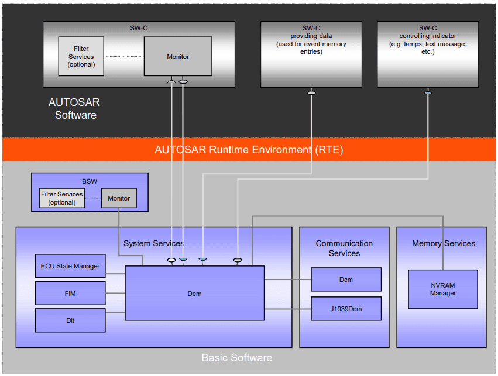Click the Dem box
click(194, 293)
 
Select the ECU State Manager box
click(70, 266)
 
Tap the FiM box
click(70, 294)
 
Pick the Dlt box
click(70, 320)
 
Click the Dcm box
click(346, 280)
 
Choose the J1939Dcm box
click(346, 309)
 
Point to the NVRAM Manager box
click(442, 289)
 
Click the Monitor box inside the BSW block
click(119, 198)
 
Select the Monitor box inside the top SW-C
click(178, 57)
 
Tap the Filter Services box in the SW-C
click(81, 57)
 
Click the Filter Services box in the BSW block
click(61, 198)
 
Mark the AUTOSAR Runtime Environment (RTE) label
click(249, 150)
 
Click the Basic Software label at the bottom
click(236, 357)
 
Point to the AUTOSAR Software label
click(75, 108)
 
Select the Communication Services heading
click(344, 248)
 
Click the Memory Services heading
click(443, 243)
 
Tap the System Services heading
click(153, 243)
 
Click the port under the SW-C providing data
click(311, 92)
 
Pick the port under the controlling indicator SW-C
click(428, 92)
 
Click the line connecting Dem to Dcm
click(287, 280)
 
